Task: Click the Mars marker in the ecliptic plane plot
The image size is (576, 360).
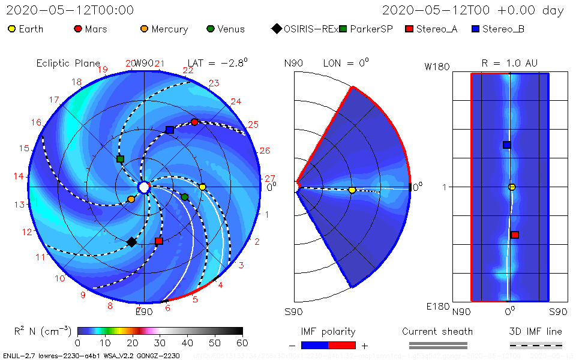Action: click(x=194, y=122)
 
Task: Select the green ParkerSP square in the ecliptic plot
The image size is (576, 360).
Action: click(x=120, y=159)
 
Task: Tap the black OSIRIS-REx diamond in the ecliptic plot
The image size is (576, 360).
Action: click(x=131, y=242)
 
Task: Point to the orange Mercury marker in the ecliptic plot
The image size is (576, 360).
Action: click(x=131, y=199)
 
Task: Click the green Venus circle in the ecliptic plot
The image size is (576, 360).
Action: click(x=185, y=197)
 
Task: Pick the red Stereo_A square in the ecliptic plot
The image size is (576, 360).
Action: click(x=159, y=241)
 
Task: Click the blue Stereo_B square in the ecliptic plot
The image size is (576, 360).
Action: click(x=170, y=130)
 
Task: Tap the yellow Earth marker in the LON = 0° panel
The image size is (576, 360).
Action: click(x=352, y=190)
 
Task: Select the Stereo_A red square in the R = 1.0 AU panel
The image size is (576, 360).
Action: click(x=515, y=235)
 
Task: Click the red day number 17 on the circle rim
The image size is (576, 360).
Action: click(x=54, y=100)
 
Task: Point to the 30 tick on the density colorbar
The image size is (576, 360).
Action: click(x=160, y=343)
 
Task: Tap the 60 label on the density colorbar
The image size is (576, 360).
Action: click(x=242, y=343)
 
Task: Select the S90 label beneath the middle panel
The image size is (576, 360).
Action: click(x=293, y=312)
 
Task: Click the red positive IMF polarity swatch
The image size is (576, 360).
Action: click(x=342, y=345)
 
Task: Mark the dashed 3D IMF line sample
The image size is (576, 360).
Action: click(x=536, y=345)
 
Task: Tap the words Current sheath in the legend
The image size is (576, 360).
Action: click(x=437, y=331)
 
